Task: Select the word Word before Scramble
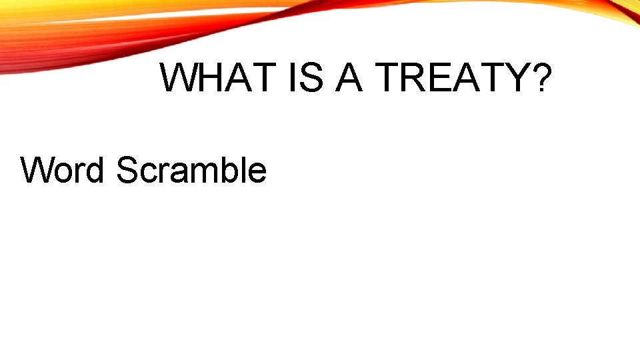point(63,170)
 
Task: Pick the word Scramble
point(191,170)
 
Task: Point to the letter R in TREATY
point(414,79)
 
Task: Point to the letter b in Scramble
point(230,170)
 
